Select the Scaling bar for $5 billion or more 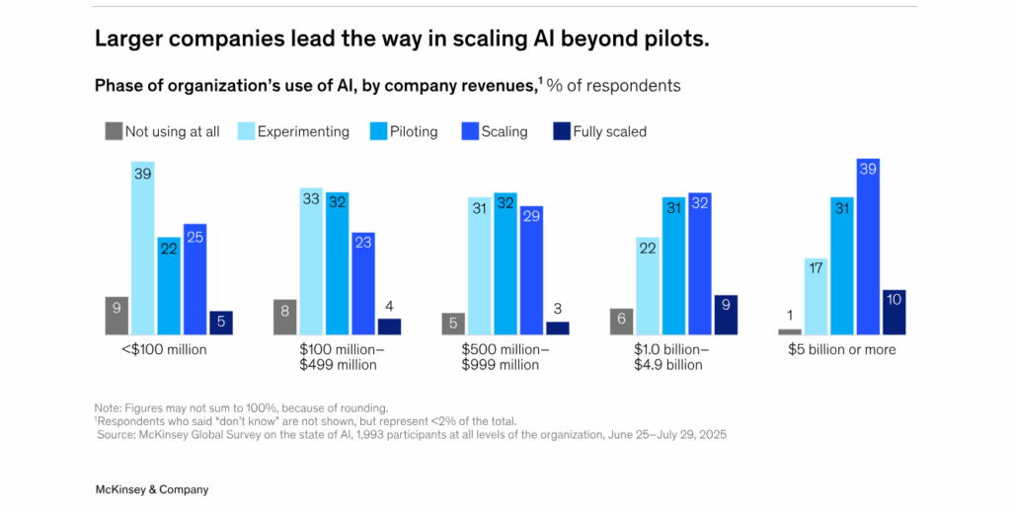click(868, 247)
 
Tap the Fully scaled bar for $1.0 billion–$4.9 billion click(726, 315)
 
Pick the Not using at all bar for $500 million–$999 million click(454, 324)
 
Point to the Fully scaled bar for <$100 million click(221, 323)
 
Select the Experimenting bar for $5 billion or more click(817, 296)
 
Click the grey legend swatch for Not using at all click(114, 130)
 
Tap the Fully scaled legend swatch click(562, 130)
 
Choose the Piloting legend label click(414, 131)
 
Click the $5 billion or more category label click(841, 349)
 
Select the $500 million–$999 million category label click(505, 357)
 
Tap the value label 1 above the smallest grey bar click(790, 316)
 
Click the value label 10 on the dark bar click(894, 299)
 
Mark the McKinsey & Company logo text click(151, 489)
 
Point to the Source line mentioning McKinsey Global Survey click(411, 434)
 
